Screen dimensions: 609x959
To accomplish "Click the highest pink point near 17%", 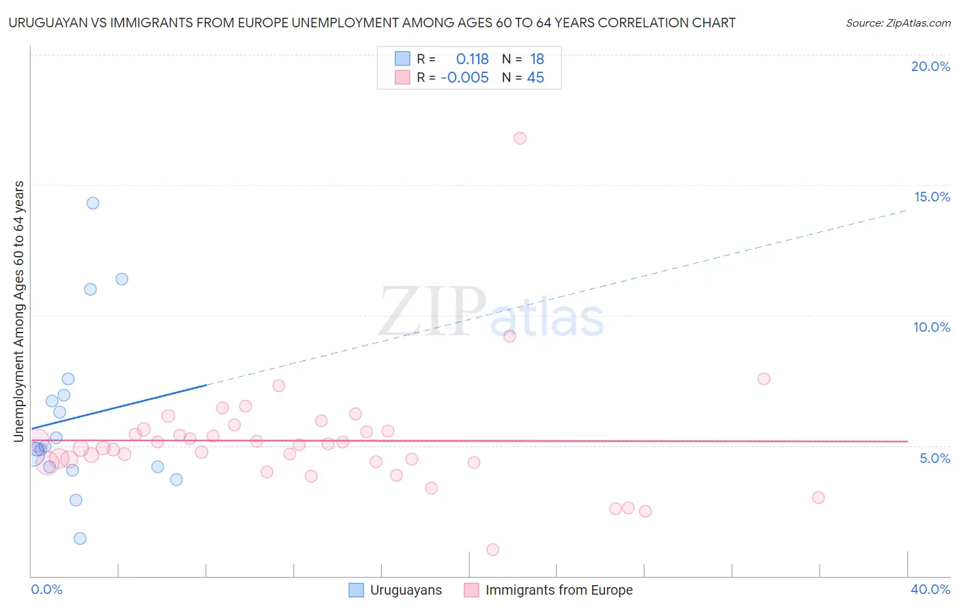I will point(520,138).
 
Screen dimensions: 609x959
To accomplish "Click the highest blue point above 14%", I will point(93,203).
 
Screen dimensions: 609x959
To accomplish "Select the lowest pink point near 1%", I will point(492,550).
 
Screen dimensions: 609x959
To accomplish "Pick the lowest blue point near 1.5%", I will point(80,538).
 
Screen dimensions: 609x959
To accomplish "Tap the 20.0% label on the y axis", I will point(930,66).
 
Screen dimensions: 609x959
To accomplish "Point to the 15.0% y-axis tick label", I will point(932,197).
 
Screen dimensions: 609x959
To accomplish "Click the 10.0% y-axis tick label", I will point(932,327).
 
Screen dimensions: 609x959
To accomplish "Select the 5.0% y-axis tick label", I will point(934,458).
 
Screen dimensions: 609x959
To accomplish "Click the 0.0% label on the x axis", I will point(46,589).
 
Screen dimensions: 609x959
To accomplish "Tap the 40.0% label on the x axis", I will point(930,589).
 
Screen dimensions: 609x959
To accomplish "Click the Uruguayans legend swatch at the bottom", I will point(356,590).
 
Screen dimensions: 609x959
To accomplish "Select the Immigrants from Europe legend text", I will point(559,590).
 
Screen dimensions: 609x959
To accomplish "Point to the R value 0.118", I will point(472,59).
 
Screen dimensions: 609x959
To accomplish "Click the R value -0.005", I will point(464,78).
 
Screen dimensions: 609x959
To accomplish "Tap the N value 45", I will point(535,78).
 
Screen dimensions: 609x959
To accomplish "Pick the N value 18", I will point(537,59).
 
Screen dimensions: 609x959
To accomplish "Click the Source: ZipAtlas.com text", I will point(898,23).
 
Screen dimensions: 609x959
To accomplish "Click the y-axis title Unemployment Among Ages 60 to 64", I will point(19,311).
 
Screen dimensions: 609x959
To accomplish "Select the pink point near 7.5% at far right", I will point(764,379).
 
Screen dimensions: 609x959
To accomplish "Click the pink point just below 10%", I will point(510,336).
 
